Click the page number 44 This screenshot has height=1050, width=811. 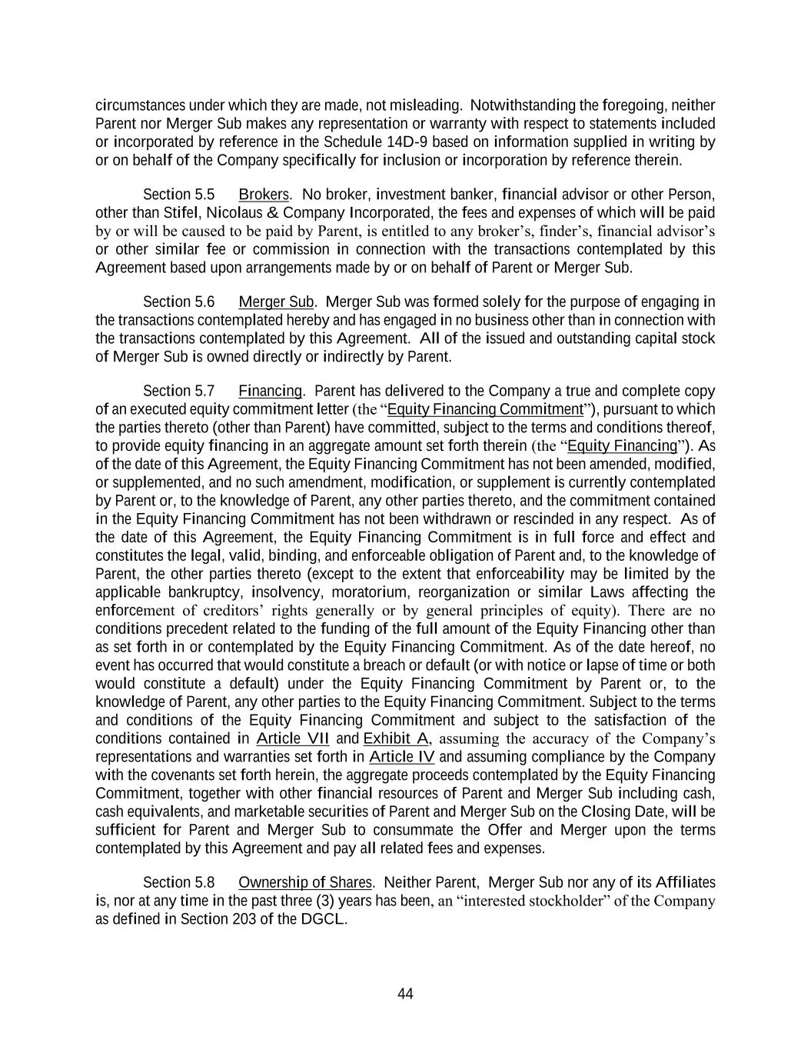[405, 994]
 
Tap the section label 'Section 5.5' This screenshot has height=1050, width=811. [178, 195]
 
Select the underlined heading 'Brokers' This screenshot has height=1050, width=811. [264, 195]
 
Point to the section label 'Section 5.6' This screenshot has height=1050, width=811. [178, 302]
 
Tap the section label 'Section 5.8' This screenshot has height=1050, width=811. [178, 882]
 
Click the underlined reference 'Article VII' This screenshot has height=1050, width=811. [292, 739]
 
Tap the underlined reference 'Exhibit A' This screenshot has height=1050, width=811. [396, 739]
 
